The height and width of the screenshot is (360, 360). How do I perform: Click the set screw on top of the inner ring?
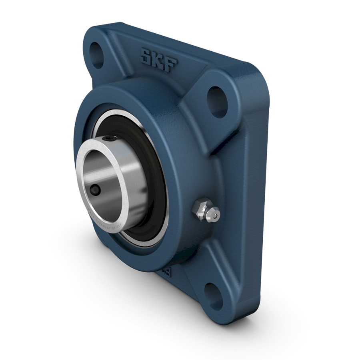(110, 139)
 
